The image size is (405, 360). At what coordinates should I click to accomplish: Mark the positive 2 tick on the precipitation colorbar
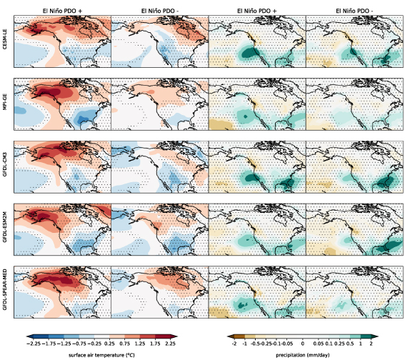[371, 344]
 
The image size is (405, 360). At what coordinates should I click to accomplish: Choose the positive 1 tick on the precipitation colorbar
[359, 344]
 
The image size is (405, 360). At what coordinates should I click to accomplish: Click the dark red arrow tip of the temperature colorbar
[173, 334]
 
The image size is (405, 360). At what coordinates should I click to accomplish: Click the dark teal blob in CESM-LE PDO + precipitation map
[248, 52]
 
